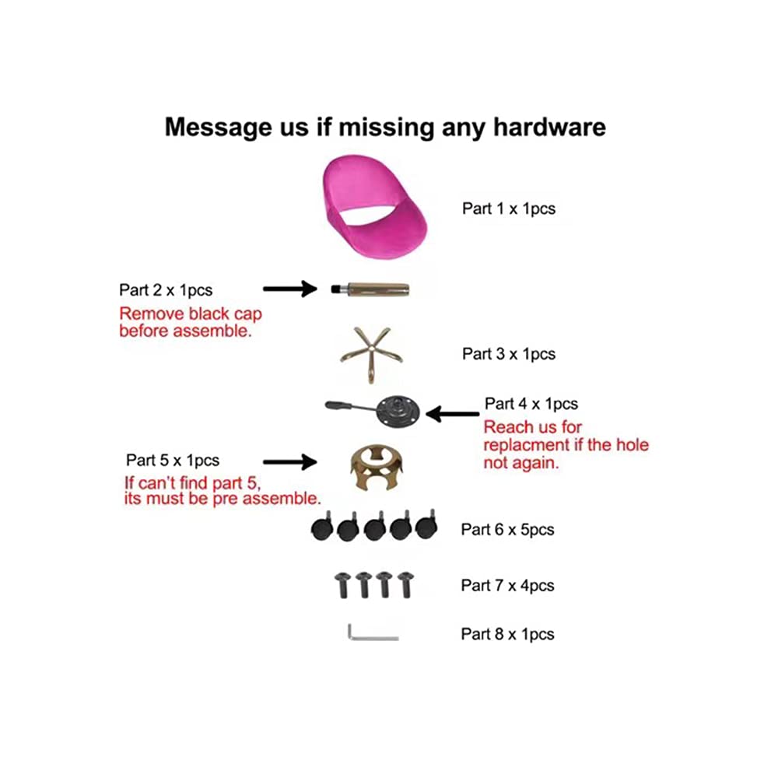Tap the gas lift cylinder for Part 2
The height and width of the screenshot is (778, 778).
[371, 289]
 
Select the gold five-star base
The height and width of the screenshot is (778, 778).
[371, 352]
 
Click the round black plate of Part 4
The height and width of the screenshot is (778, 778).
[398, 411]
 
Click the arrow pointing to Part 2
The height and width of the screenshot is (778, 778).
[289, 289]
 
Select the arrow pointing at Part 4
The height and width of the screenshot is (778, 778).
[453, 414]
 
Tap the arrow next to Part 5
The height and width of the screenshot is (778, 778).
[289, 462]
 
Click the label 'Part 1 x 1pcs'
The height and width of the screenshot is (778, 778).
[509, 209]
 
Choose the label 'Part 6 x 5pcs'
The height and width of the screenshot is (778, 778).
[507, 529]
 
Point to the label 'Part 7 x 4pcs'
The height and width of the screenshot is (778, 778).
[507, 586]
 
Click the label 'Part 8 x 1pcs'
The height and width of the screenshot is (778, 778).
[507, 634]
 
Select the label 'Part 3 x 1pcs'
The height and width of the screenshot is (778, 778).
[509, 354]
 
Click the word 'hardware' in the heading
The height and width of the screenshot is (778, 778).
[549, 127]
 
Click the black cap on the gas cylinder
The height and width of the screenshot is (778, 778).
[338, 289]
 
